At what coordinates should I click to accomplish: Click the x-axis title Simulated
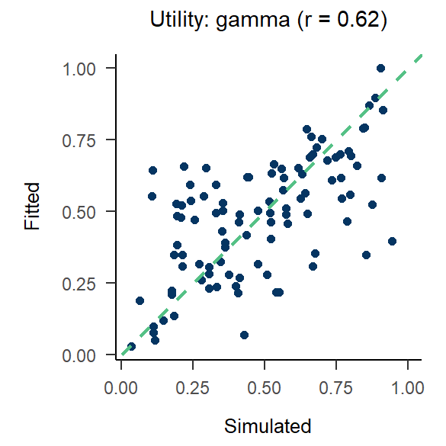click(x=268, y=425)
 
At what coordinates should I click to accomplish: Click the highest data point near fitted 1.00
click(x=380, y=68)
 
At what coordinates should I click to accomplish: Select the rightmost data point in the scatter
click(x=392, y=241)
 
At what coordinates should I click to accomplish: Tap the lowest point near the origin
click(x=131, y=346)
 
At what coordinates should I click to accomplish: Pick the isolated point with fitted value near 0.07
click(x=244, y=335)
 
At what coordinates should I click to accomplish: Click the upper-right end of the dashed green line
click(x=420, y=56)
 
